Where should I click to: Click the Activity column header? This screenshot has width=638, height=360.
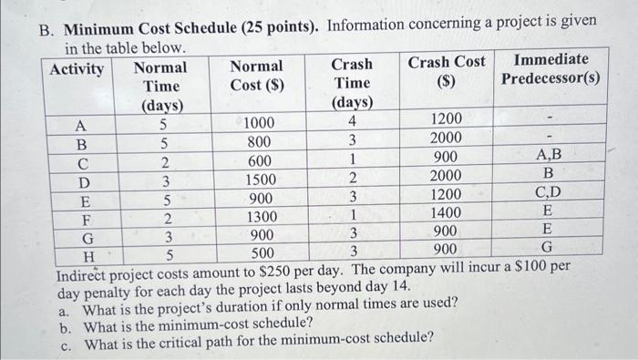[x=77, y=69]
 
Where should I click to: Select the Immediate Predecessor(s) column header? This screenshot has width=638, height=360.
[x=551, y=69]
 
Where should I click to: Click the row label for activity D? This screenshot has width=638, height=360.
[x=81, y=180]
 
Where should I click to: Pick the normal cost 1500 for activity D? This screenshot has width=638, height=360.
[x=264, y=180]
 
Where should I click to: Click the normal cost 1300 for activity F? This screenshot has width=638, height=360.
[x=264, y=217]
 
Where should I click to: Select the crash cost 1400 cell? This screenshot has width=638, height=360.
[x=447, y=213]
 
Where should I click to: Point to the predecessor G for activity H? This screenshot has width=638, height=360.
[x=547, y=248]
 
